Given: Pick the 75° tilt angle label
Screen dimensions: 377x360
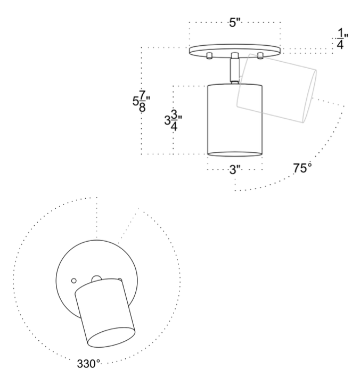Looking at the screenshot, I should [302, 169].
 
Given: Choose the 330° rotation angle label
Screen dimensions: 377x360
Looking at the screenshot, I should [88, 364].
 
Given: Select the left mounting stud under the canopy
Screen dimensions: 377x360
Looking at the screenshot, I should [209, 56].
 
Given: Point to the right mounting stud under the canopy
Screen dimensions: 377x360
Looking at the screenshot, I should [260, 56].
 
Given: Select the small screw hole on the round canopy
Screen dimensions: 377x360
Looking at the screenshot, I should [74, 278].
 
